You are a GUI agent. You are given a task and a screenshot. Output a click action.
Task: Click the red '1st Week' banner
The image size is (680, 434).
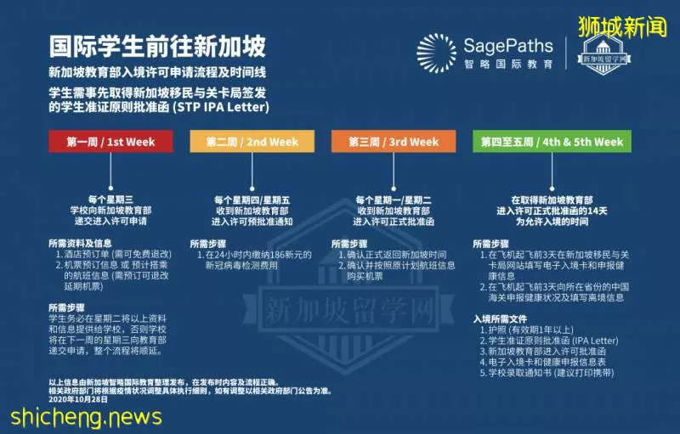pos(110,141)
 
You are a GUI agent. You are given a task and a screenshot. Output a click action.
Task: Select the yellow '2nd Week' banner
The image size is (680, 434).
pos(252,141)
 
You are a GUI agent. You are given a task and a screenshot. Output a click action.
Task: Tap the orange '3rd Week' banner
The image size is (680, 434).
pos(394,141)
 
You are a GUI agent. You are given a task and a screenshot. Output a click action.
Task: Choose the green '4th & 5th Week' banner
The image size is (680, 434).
pos(552,141)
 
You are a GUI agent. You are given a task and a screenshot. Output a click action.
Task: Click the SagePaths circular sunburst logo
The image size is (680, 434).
pos(436,53)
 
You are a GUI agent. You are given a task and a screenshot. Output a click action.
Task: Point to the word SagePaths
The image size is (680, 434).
pos(508,46)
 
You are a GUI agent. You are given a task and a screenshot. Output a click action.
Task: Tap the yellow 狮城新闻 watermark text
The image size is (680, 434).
pos(622,27)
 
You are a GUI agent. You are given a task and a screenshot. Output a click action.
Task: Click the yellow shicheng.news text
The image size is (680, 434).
pos(87,417)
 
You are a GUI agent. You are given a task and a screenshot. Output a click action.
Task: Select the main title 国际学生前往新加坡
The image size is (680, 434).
pos(157,47)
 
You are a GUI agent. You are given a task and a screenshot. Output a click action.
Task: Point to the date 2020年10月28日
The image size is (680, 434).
pos(78,399)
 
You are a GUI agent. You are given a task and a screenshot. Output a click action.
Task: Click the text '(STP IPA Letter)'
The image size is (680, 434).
pos(221,107)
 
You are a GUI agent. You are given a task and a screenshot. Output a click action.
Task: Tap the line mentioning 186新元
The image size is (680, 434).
pos(254,255)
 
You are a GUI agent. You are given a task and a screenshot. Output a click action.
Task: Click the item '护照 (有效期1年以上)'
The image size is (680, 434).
pos(527,330)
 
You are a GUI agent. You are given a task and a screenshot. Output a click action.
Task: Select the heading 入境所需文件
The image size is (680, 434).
pos(500,319)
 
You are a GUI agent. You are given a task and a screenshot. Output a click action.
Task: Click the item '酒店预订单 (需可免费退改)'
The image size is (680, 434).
pos(114,254)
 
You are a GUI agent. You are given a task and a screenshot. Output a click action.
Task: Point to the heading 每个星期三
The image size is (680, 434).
pos(110,200)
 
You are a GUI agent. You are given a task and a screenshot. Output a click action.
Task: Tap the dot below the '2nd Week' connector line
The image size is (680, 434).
pos(252,189)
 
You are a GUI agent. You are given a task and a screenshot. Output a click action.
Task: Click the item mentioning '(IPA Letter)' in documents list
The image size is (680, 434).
pos(549,341)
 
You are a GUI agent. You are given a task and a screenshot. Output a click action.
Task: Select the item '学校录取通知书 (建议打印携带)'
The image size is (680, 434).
pos(547,373)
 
